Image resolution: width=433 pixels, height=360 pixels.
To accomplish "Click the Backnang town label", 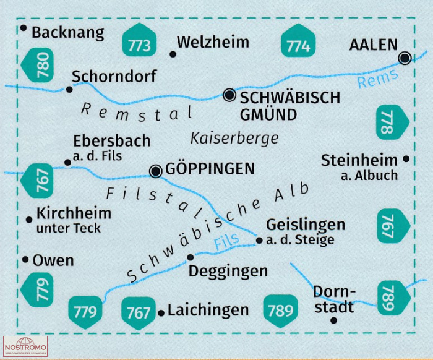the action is click(68, 33).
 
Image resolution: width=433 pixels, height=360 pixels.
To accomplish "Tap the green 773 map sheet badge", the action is click(139, 40).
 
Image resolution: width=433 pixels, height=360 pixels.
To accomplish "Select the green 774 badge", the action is click(298, 41).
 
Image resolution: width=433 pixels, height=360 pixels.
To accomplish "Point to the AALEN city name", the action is click(374, 45).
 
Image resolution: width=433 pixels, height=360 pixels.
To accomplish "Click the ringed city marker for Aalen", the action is click(405, 58).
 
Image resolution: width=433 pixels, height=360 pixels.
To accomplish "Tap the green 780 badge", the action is click(37, 65).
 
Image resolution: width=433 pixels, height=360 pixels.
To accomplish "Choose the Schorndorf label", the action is click(114, 76).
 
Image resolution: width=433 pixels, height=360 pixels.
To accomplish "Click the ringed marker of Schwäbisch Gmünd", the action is click(229, 95).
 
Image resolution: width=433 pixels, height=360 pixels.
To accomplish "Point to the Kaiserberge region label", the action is click(234, 139).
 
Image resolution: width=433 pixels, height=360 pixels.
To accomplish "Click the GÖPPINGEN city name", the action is click(210, 168).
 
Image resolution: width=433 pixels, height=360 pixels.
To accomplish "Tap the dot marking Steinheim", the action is click(406, 159).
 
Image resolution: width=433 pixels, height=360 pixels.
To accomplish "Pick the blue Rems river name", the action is click(377, 79).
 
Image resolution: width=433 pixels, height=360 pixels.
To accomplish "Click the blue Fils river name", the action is click(226, 242).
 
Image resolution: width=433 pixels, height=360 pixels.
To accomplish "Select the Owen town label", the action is click(53, 260).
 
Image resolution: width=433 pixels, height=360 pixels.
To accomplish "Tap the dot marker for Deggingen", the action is click(191, 257).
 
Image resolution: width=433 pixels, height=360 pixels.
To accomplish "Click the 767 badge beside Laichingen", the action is click(139, 313).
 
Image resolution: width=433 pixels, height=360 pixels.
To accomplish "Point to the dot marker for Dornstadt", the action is click(333, 320).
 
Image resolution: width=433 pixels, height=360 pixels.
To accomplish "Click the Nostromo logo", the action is click(25, 346).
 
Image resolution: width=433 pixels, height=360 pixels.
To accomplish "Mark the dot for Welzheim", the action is click(173, 54).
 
